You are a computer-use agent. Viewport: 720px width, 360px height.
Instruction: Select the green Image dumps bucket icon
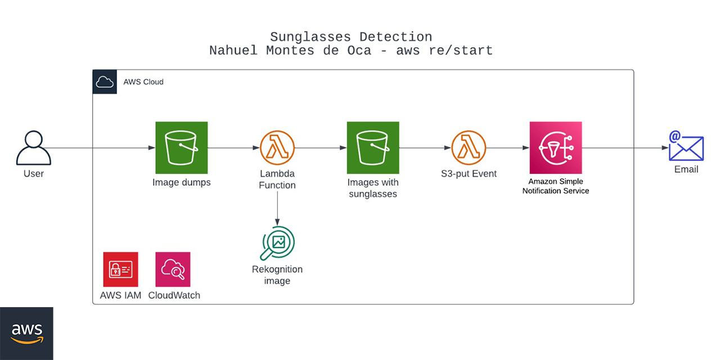(182, 147)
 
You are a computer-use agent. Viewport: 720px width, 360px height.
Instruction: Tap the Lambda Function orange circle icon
(277, 147)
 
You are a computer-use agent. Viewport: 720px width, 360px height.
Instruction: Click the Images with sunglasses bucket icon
(373, 147)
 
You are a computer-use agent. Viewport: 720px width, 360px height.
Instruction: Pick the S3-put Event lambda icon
(469, 147)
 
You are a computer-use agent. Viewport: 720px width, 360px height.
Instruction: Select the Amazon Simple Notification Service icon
(556, 147)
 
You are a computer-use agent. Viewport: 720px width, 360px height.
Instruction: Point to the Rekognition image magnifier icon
(277, 242)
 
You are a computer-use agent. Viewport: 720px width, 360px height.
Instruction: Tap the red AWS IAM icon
(120, 269)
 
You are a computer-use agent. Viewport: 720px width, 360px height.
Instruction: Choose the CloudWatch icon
(173, 269)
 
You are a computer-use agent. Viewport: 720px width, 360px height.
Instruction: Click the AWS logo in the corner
(26, 333)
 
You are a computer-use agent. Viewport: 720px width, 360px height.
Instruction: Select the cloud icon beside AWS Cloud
(105, 82)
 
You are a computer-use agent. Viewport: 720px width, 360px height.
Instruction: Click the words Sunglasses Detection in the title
(351, 37)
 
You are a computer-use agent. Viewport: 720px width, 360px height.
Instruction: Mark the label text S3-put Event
(469, 174)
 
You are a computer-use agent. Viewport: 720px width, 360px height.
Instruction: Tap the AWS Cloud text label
(143, 82)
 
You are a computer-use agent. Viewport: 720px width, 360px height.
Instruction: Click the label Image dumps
(182, 182)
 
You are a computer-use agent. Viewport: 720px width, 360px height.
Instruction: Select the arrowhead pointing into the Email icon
(665, 148)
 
